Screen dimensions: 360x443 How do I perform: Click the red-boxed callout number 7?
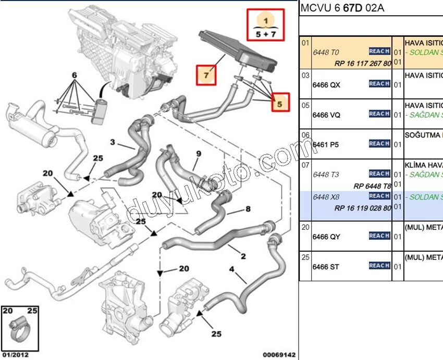click(206, 76)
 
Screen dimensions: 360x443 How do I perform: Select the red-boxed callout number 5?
click(279, 104)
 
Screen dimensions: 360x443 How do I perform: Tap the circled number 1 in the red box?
click(266, 21)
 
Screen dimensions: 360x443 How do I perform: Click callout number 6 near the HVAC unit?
click(75, 76)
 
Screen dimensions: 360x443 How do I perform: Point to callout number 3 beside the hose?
click(112, 142)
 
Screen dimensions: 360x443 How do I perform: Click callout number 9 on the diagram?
click(198, 154)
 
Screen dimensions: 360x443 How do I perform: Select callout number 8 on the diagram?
click(248, 209)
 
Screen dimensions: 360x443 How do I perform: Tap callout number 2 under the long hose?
click(243, 256)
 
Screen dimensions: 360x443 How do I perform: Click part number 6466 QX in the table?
click(326, 85)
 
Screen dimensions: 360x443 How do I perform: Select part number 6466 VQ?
click(326, 115)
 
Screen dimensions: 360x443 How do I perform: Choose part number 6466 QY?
click(326, 237)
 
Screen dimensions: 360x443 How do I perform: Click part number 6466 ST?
click(326, 267)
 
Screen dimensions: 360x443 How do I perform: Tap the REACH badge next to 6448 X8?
click(379, 196)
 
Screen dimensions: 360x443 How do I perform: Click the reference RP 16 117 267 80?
click(363, 63)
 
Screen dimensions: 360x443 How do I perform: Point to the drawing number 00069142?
click(278, 355)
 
